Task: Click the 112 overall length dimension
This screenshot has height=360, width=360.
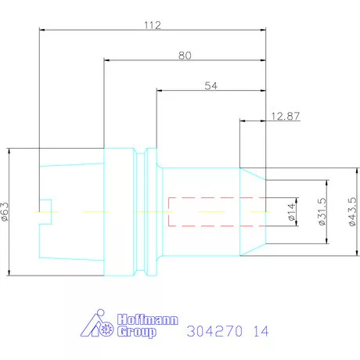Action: click(153, 25)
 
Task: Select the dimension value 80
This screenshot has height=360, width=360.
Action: click(185, 56)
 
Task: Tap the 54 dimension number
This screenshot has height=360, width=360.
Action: click(211, 86)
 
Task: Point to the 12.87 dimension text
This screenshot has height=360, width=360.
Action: click(286, 116)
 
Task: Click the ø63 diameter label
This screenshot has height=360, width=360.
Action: click(5, 211)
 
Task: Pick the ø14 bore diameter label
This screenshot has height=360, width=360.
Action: click(291, 212)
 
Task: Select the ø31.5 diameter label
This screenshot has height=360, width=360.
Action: click(322, 211)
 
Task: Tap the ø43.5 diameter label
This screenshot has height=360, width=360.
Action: click(352, 211)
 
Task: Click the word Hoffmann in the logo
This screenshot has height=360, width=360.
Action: click(147, 319)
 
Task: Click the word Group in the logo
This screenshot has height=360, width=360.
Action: click(137, 332)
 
